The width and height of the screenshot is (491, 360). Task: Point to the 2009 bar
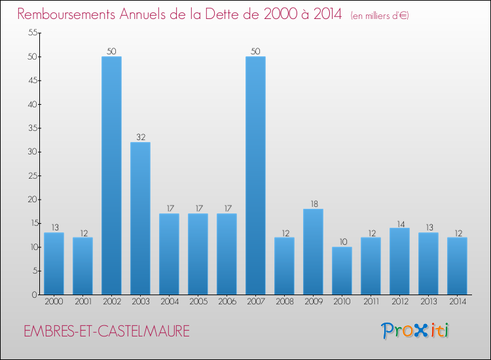tap(313, 251)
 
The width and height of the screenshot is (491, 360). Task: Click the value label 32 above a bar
tap(140, 137)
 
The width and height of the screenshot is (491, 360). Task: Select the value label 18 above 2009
tap(313, 204)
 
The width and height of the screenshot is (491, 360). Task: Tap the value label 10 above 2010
tap(342, 242)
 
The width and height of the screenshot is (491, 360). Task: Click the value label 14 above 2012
tap(399, 223)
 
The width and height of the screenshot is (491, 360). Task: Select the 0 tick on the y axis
tap(32, 295)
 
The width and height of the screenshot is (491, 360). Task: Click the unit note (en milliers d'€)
tap(380, 16)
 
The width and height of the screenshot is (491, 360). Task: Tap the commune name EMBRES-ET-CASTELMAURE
tap(106, 331)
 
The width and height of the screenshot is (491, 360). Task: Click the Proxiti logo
tap(415, 331)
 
